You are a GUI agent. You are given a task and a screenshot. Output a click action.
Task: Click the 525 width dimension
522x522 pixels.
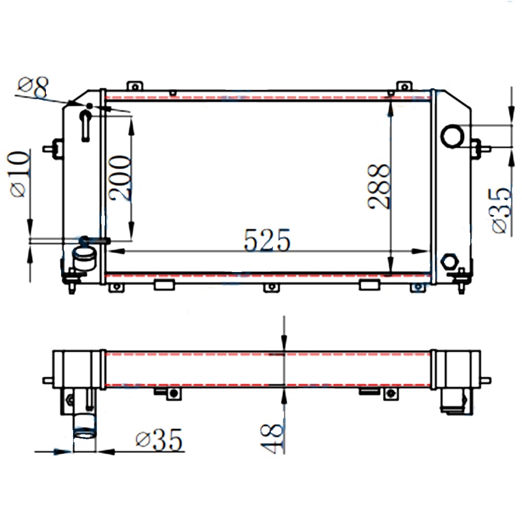tap(267, 241)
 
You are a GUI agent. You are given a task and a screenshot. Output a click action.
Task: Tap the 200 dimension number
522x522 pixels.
tap(120, 178)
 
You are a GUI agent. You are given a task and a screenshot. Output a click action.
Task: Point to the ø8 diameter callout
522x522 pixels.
tap(32, 88)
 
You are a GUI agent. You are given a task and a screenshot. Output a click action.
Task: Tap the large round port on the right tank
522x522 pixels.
tap(452, 136)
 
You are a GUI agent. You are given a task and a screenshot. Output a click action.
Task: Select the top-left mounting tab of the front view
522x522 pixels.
tap(135, 86)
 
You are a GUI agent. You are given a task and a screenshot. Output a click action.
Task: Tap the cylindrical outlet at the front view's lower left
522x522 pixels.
tap(84, 257)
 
